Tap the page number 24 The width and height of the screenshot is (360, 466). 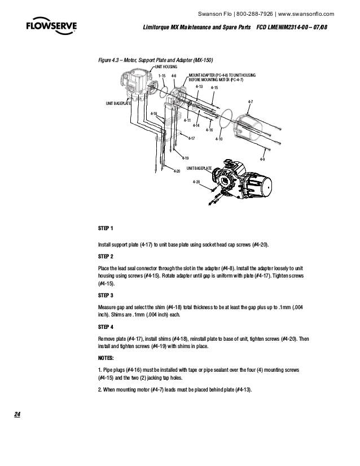17,415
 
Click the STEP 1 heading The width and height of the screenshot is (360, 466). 106,228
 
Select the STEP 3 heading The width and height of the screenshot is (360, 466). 106,295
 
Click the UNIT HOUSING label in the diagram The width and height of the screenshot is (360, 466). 166,67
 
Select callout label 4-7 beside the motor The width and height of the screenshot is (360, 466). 250,102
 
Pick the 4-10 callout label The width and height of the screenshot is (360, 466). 218,139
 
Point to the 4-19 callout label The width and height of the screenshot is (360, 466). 185,157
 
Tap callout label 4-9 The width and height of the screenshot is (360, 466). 262,160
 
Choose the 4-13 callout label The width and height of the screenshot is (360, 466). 199,86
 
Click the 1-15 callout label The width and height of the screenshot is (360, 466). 161,76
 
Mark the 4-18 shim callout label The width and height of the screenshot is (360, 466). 153,113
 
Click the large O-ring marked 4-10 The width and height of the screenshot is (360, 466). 227,119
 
